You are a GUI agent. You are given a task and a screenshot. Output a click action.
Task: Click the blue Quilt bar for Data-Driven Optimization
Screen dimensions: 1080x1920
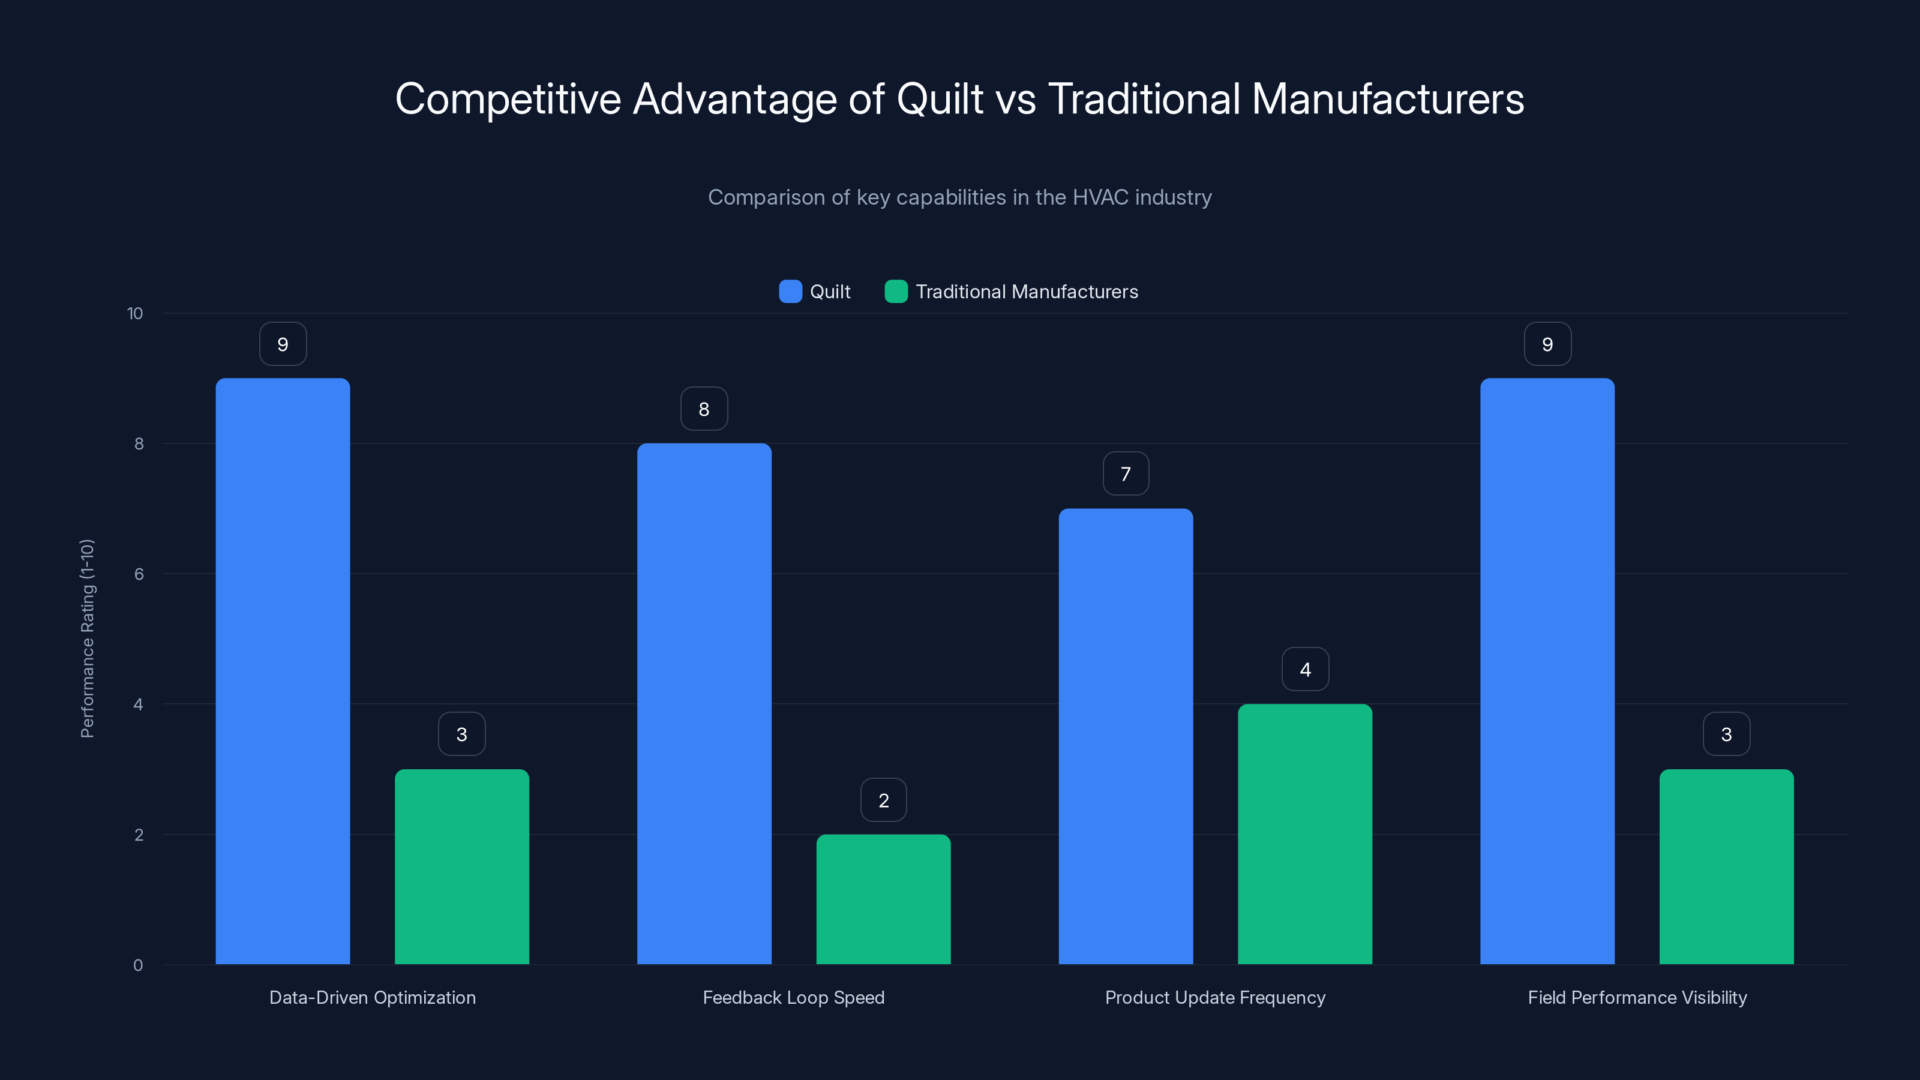click(x=283, y=671)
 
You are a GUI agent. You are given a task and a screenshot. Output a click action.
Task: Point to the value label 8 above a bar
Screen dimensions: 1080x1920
click(x=704, y=409)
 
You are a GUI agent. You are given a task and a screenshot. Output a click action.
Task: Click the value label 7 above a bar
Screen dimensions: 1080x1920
click(x=1126, y=473)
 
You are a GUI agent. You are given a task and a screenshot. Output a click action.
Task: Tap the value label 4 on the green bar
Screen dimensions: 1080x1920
click(x=1304, y=670)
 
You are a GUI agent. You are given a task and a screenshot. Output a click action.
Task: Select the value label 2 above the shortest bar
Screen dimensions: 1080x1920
click(x=883, y=800)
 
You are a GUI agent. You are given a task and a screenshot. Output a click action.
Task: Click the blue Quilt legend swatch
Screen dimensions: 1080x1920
click(x=790, y=292)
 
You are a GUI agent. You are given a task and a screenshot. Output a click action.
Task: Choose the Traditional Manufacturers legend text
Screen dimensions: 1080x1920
click(x=1027, y=292)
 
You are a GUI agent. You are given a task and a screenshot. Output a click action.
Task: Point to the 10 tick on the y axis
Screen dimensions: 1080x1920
click(x=135, y=313)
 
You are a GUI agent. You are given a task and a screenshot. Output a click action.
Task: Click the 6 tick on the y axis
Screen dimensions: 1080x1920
click(x=139, y=574)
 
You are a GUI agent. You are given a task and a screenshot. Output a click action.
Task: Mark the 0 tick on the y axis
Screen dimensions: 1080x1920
click(x=138, y=965)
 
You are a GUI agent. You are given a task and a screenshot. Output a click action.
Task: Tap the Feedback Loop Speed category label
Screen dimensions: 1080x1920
click(x=793, y=997)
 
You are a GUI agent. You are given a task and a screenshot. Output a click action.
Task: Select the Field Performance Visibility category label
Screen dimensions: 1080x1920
click(x=1637, y=997)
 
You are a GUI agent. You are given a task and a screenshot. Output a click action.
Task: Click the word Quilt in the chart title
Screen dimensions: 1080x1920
click(x=939, y=98)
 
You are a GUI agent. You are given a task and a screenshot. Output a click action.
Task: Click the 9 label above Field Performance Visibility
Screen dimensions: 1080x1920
click(x=1547, y=344)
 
